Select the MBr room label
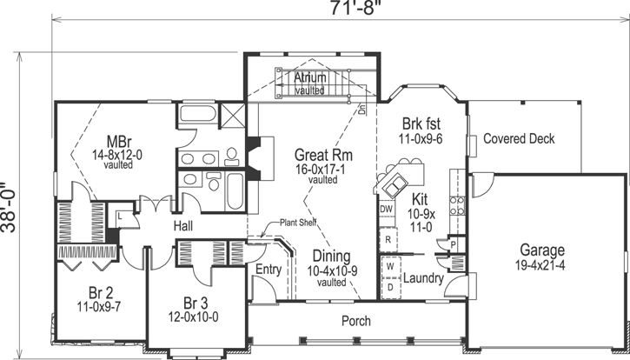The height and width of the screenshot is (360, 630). [119, 140]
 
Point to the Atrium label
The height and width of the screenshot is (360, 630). [310, 78]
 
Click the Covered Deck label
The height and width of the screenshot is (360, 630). [519, 139]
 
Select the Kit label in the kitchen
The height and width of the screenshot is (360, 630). [420, 198]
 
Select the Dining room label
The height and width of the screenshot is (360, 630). [332, 257]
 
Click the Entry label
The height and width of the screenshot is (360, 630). [268, 270]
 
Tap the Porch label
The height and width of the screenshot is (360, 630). [355, 321]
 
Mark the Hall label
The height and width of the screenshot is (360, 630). [182, 226]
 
